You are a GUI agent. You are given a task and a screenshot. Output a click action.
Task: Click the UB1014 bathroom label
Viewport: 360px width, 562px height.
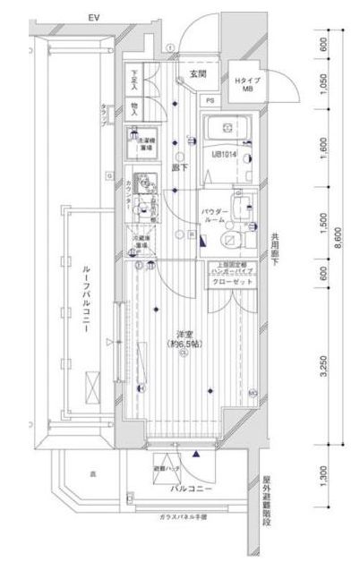[225, 154]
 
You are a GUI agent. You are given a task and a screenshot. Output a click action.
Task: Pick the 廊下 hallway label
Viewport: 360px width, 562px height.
[179, 167]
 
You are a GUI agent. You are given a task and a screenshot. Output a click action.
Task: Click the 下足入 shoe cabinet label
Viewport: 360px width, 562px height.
[133, 81]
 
